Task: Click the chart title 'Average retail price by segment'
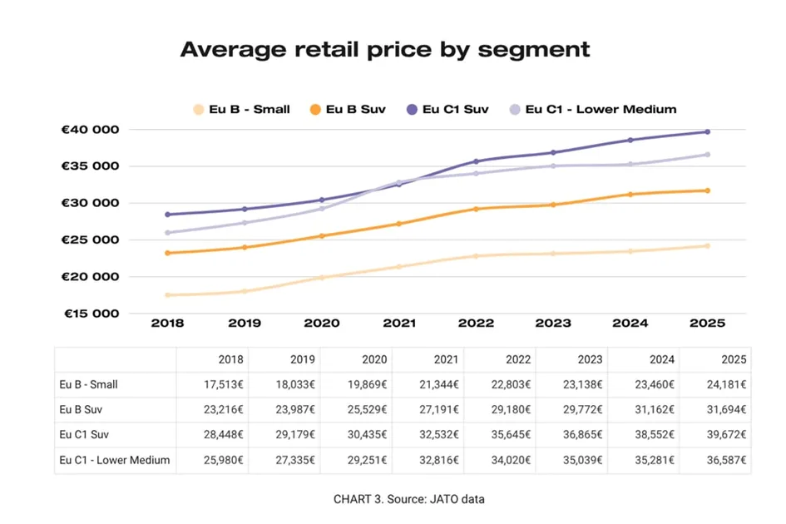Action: pos(384,50)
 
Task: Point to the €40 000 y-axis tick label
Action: pos(91,130)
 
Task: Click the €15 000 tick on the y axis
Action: pos(91,314)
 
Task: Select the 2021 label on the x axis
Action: pos(399,323)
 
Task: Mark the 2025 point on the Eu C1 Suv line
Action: pos(708,131)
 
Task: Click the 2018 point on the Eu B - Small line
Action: pos(168,295)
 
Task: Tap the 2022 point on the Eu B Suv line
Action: pos(477,209)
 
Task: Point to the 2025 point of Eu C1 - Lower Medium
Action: pos(708,155)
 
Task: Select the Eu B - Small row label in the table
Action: pos(89,385)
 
